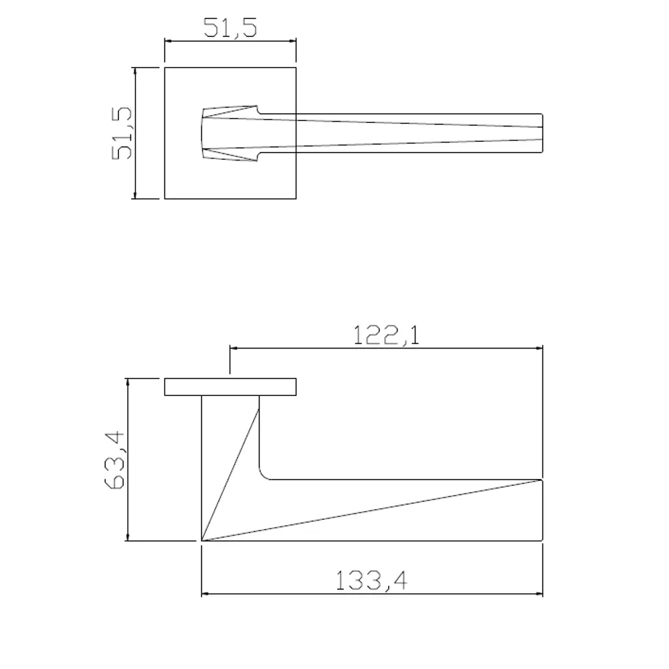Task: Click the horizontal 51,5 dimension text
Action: [231, 27]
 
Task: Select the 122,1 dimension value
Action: [386, 334]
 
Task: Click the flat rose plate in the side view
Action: [231, 387]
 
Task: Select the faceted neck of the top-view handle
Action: [227, 133]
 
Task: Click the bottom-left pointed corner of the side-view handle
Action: [202, 540]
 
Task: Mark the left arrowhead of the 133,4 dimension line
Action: [205, 593]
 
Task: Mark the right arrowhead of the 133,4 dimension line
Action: [539, 593]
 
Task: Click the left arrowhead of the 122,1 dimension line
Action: [233, 348]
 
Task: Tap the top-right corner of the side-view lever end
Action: [541, 480]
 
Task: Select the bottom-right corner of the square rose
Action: [296, 199]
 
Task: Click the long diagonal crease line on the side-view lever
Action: [371, 510]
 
